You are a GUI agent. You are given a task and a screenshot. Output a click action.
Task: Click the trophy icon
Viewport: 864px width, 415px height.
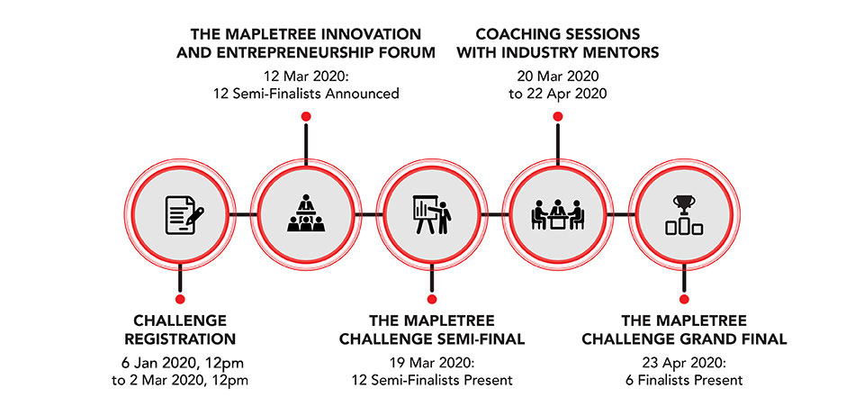point(684,214)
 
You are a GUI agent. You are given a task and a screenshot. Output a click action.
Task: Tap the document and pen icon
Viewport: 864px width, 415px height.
point(184,214)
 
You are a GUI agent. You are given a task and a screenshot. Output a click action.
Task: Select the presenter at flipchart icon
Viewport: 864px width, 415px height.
point(433,214)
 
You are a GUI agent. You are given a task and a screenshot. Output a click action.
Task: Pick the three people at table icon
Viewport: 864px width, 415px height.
point(558,214)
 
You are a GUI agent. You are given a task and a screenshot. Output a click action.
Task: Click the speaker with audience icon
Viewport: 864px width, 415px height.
point(306,214)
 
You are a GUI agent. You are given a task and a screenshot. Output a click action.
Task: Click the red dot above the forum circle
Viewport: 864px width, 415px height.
point(306,116)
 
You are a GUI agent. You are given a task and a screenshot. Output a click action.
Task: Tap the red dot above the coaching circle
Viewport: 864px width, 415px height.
point(558,116)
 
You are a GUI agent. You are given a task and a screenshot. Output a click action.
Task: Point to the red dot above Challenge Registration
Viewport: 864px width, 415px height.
point(179,299)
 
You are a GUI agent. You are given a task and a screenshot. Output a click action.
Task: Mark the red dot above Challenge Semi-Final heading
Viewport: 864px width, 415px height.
point(432,299)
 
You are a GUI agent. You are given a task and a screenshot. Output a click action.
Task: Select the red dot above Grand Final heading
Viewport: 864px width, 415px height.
point(684,299)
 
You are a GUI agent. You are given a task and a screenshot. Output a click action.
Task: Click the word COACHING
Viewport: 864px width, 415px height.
point(511,34)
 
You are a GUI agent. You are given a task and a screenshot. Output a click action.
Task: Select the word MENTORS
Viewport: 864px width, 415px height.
point(624,53)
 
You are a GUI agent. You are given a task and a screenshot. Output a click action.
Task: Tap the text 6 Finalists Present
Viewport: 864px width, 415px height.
point(684,380)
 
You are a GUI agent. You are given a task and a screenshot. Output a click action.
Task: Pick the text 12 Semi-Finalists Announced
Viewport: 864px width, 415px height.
point(306,94)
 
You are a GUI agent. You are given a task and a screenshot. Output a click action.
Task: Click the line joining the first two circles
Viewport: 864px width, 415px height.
point(241,214)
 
